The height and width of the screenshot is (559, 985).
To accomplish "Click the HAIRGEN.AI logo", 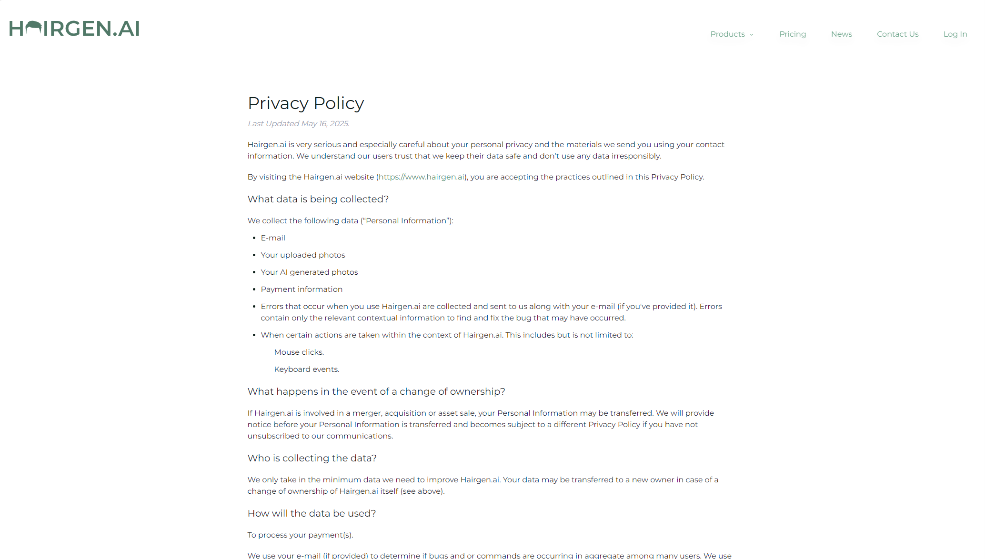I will point(74,29).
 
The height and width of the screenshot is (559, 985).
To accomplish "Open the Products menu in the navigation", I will point(731,34).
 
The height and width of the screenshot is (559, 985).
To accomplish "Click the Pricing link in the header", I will point(793,34).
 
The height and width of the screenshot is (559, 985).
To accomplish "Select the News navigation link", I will point(841,34).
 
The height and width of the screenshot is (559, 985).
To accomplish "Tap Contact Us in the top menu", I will point(897,34).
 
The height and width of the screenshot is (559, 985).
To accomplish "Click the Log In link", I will point(955,34).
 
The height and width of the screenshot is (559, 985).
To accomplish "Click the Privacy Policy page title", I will point(306,103).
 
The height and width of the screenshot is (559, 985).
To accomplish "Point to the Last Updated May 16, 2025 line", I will point(299,124).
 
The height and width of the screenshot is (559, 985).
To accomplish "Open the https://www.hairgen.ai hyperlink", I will point(422,177).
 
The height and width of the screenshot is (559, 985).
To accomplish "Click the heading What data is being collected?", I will point(318,200).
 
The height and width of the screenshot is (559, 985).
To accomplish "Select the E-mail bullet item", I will point(273,238).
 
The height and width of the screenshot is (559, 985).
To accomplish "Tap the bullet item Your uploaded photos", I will point(303,255).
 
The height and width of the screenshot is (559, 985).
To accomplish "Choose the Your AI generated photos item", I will point(309,272).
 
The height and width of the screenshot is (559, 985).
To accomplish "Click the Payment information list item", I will point(302,289).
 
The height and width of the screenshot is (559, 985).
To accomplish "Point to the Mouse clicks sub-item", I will point(299,352).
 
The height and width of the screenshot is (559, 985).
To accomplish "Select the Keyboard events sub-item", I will point(307,369).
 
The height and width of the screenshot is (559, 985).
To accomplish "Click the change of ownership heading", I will point(376,392).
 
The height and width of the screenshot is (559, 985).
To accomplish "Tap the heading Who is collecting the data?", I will point(312,459).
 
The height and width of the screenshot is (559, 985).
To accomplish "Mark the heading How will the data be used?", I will point(312,514).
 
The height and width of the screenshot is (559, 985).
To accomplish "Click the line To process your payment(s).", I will point(300,535).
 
